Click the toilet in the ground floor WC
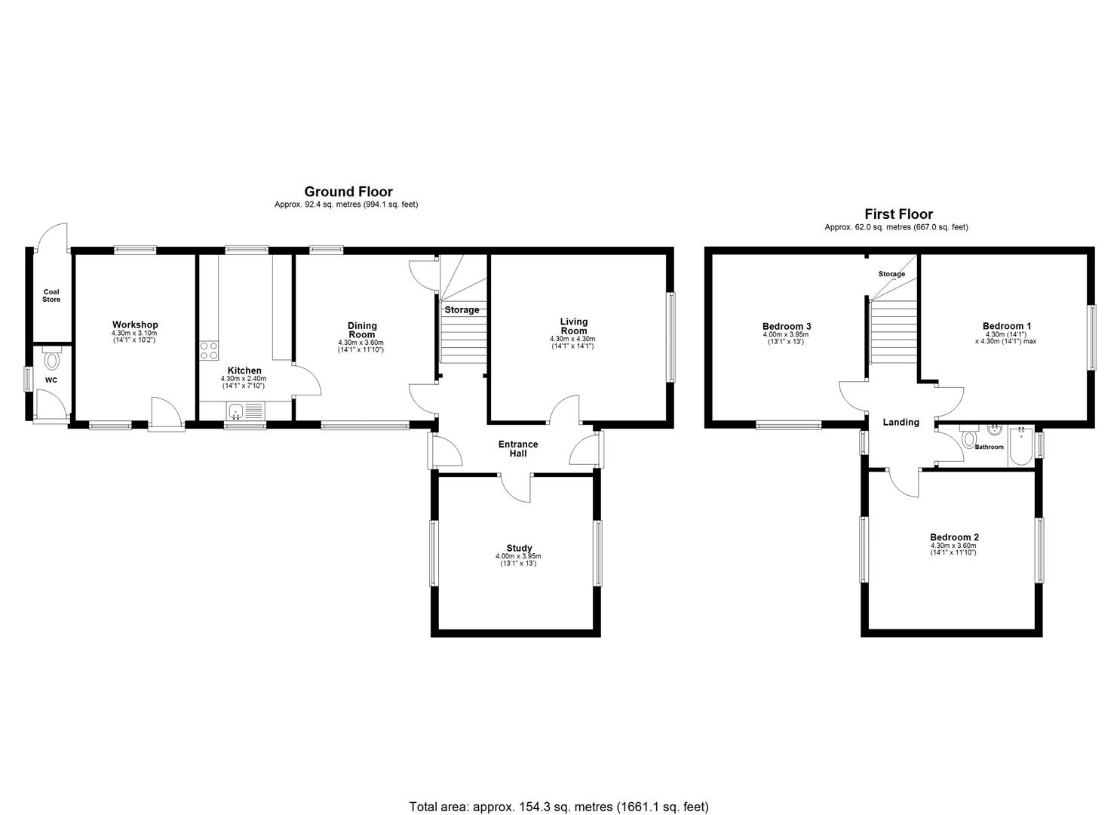[x=51, y=359]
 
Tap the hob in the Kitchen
[x=209, y=351]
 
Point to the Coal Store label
[x=51, y=296]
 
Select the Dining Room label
[x=362, y=331]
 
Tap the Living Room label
[x=573, y=326]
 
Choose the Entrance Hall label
[x=518, y=449]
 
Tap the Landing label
[x=901, y=423]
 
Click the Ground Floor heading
[x=348, y=192]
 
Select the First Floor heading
[x=898, y=214]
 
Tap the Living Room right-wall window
[x=670, y=337]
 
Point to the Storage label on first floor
[x=891, y=274]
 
